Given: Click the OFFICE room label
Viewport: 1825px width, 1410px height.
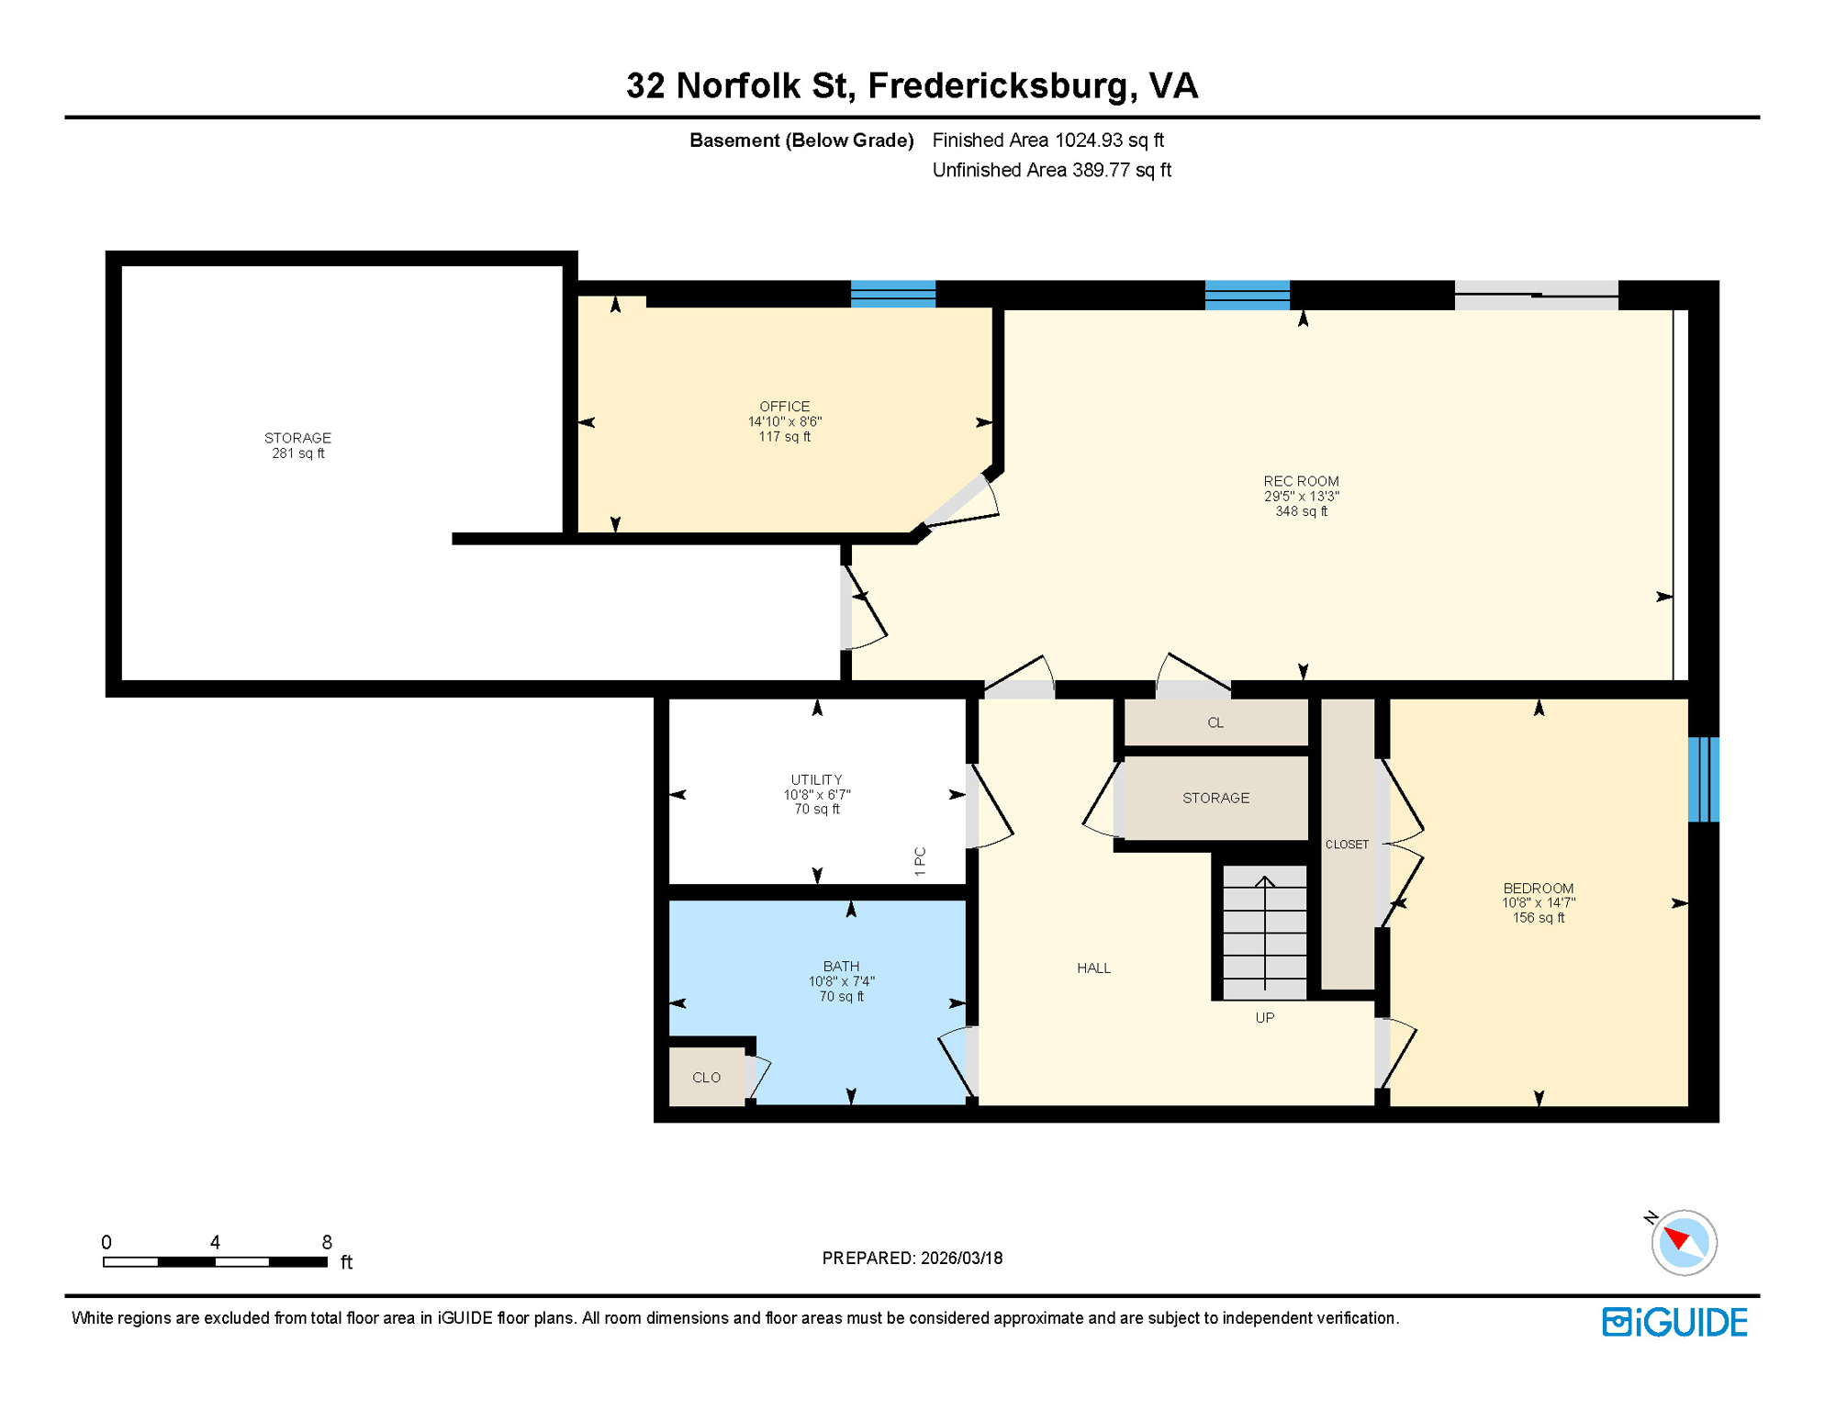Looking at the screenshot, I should pyautogui.click(x=784, y=406).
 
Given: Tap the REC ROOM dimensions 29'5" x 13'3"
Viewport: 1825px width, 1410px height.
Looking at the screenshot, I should pyautogui.click(x=1301, y=497).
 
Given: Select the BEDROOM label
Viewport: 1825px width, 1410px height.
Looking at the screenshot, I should pyautogui.click(x=1538, y=888).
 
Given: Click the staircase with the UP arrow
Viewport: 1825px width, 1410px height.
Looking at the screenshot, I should pyautogui.click(x=1264, y=932).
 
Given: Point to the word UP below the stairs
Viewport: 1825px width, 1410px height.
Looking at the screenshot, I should pyautogui.click(x=1264, y=1017).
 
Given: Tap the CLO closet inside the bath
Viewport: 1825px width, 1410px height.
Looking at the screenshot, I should pyautogui.click(x=706, y=1077).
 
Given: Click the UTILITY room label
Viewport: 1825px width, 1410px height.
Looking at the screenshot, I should pyautogui.click(x=816, y=779).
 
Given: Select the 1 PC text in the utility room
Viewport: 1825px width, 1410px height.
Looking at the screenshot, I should pyautogui.click(x=920, y=861).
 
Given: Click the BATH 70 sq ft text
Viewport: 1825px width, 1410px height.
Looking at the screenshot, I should pyautogui.click(x=841, y=996).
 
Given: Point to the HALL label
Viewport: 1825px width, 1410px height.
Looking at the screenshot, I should pyautogui.click(x=1093, y=968).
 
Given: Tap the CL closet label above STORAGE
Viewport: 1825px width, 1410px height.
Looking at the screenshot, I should pyautogui.click(x=1215, y=722).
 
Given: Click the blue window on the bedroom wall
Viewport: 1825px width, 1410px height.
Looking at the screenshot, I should pyautogui.click(x=1703, y=778).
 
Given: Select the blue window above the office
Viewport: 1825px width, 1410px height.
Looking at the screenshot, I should pyautogui.click(x=892, y=294).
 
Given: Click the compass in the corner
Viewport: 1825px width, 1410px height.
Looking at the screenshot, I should pyautogui.click(x=1683, y=1242).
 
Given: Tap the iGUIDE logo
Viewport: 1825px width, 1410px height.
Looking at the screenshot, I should pyautogui.click(x=1674, y=1322).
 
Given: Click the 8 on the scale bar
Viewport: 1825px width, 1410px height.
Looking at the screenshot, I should pyautogui.click(x=326, y=1242).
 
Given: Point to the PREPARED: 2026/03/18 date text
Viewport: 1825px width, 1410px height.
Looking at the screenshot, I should pyautogui.click(x=912, y=1258).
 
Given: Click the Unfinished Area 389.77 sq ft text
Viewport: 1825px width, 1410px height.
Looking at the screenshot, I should pyautogui.click(x=1051, y=170).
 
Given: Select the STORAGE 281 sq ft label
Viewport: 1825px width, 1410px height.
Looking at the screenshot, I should pyautogui.click(x=297, y=445).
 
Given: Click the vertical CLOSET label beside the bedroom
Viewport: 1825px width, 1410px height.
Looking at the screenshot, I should pyautogui.click(x=1347, y=844).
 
